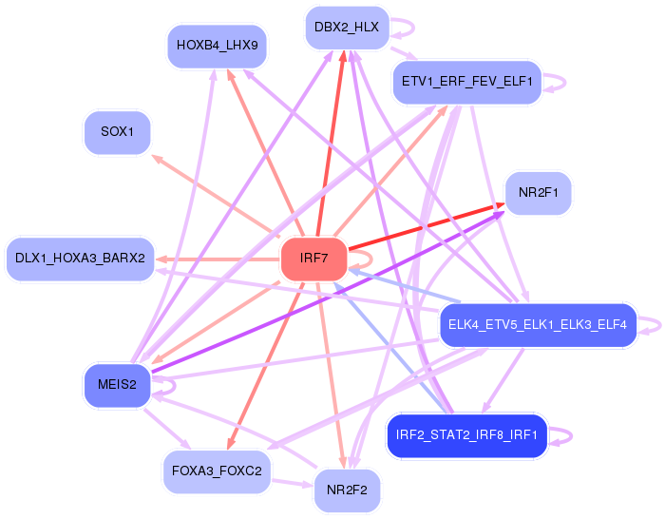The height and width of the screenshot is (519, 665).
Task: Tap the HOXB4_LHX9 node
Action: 217,46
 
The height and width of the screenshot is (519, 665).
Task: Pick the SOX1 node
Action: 118,132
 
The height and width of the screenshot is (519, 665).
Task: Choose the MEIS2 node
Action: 117,385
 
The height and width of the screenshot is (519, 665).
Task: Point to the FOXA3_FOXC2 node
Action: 218,471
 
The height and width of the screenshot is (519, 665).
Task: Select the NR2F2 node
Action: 347,490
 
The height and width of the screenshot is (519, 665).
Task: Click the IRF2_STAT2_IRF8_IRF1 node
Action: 466,436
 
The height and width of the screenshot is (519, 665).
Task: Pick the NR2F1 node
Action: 538,193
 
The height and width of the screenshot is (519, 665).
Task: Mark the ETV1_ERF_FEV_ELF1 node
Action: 466,82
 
